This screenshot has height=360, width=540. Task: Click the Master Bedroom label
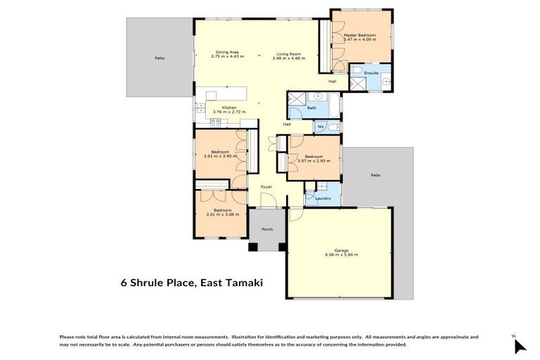[359, 35]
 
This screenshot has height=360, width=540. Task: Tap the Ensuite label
[371, 72]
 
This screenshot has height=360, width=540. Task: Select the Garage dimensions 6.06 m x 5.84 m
[342, 255]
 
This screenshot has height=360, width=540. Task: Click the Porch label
[266, 229]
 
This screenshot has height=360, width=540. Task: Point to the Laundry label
[323, 198]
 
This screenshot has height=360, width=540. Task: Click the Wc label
[320, 127]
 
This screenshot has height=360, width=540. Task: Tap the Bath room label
[311, 108]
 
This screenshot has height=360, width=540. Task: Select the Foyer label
[266, 187]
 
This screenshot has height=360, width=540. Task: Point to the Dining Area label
[229, 51]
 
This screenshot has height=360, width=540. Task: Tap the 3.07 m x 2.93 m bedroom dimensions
[314, 160]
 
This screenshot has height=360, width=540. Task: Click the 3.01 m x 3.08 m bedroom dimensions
[222, 214]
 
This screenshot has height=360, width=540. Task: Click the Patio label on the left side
[160, 58]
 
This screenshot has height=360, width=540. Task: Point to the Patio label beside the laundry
[375, 174]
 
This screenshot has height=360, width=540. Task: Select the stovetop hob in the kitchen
[216, 122]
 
